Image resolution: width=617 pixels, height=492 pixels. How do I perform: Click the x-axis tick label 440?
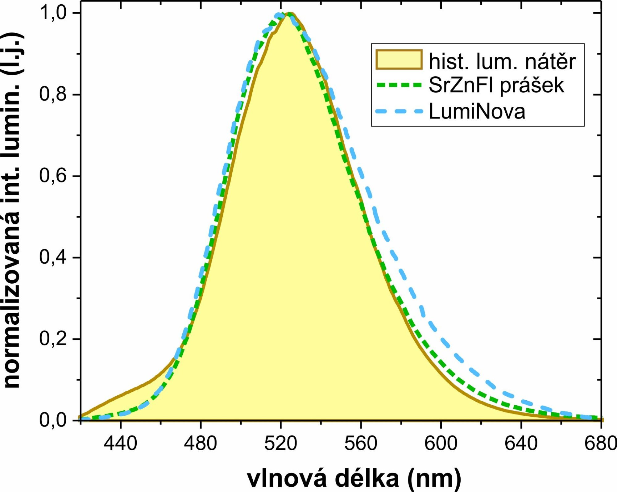[x=120, y=444]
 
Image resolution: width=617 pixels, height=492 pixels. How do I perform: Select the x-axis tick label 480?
[x=201, y=444]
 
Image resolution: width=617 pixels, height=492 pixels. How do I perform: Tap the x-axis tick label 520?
[x=280, y=444]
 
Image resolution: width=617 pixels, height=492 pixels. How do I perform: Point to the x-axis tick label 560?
[x=361, y=444]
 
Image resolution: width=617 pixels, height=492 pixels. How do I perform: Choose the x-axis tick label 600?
[x=441, y=444]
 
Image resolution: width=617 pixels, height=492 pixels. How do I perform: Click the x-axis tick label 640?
[x=521, y=444]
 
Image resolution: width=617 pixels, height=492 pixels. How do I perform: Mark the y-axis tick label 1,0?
[x=53, y=13]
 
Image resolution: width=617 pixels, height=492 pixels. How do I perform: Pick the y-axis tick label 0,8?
[x=53, y=94]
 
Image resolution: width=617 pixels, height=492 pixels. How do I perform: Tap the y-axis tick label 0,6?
[x=53, y=176]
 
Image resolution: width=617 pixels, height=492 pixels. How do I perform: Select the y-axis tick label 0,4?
[x=53, y=257]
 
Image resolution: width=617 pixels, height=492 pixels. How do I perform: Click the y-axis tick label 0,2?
[x=53, y=339]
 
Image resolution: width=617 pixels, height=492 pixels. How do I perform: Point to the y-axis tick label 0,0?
[x=53, y=420]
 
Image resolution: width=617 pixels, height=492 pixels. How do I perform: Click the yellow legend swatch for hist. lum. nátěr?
[x=399, y=60]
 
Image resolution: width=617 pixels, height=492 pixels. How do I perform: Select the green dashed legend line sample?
[x=399, y=85]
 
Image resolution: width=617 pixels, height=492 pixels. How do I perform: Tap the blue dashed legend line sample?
[x=399, y=111]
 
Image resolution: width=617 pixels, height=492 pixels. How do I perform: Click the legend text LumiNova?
[x=477, y=111]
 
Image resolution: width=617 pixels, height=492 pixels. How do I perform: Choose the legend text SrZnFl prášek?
[x=496, y=85]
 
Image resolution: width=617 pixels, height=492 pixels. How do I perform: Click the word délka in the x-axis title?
[x=367, y=478]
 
